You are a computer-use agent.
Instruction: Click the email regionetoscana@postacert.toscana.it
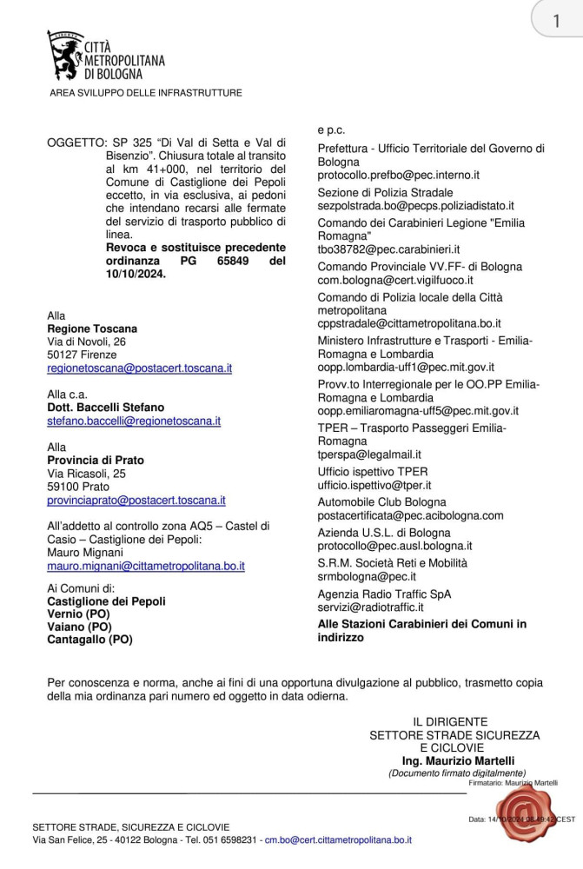click(139, 368)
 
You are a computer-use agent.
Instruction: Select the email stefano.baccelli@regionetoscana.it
click(134, 421)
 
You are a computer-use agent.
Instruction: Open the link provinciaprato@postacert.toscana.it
click(136, 501)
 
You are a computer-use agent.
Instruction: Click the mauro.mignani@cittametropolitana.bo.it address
click(146, 566)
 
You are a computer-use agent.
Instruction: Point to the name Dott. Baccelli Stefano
click(105, 407)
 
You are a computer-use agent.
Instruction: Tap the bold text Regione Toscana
click(92, 328)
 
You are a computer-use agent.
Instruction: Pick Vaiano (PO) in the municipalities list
click(79, 627)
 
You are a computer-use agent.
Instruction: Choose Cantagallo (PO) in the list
click(89, 640)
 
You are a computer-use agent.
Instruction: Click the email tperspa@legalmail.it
click(369, 454)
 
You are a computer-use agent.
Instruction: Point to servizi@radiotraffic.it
click(371, 607)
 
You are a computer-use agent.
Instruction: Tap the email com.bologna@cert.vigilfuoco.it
click(395, 281)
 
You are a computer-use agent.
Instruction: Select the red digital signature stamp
click(519, 814)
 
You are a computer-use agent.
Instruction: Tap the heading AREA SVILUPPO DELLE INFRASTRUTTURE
click(146, 93)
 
